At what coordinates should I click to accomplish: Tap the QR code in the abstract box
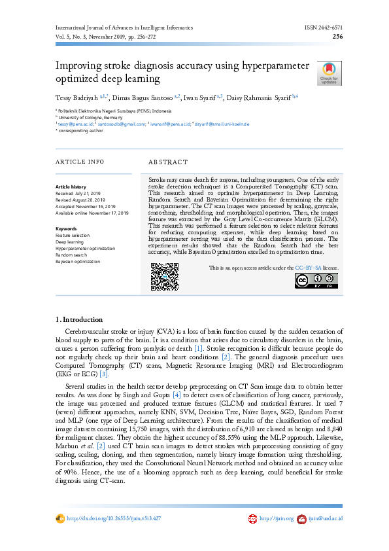(165, 276)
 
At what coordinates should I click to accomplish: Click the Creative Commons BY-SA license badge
(316, 280)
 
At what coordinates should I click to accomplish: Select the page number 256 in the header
(338, 37)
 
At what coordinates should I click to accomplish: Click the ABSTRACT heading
(168, 162)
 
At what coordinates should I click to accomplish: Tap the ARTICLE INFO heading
(79, 162)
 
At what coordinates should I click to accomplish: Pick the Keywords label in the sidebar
(66, 228)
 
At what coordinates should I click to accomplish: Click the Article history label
(71, 187)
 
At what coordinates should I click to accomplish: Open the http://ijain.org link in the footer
(275, 518)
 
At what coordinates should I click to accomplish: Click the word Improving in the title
(81, 66)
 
